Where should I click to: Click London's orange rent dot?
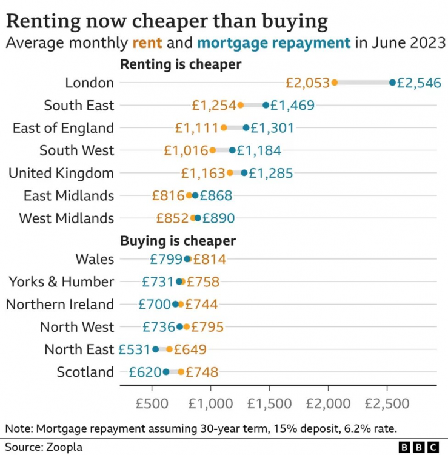coord(335,83)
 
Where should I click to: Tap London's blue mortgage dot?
coord(392,83)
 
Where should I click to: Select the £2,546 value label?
coord(419,83)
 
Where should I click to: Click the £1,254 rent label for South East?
coord(213,105)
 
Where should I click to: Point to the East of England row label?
coord(63,128)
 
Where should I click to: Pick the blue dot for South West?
coord(232,150)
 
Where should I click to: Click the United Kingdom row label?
coord(61,173)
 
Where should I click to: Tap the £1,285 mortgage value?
coord(271,173)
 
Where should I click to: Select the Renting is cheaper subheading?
coord(181,64)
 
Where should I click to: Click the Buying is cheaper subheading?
coord(178,241)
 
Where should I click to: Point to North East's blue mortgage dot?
coord(155,349)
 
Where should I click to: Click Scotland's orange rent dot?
coord(181,372)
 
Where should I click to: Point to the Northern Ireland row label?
coord(60,304)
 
